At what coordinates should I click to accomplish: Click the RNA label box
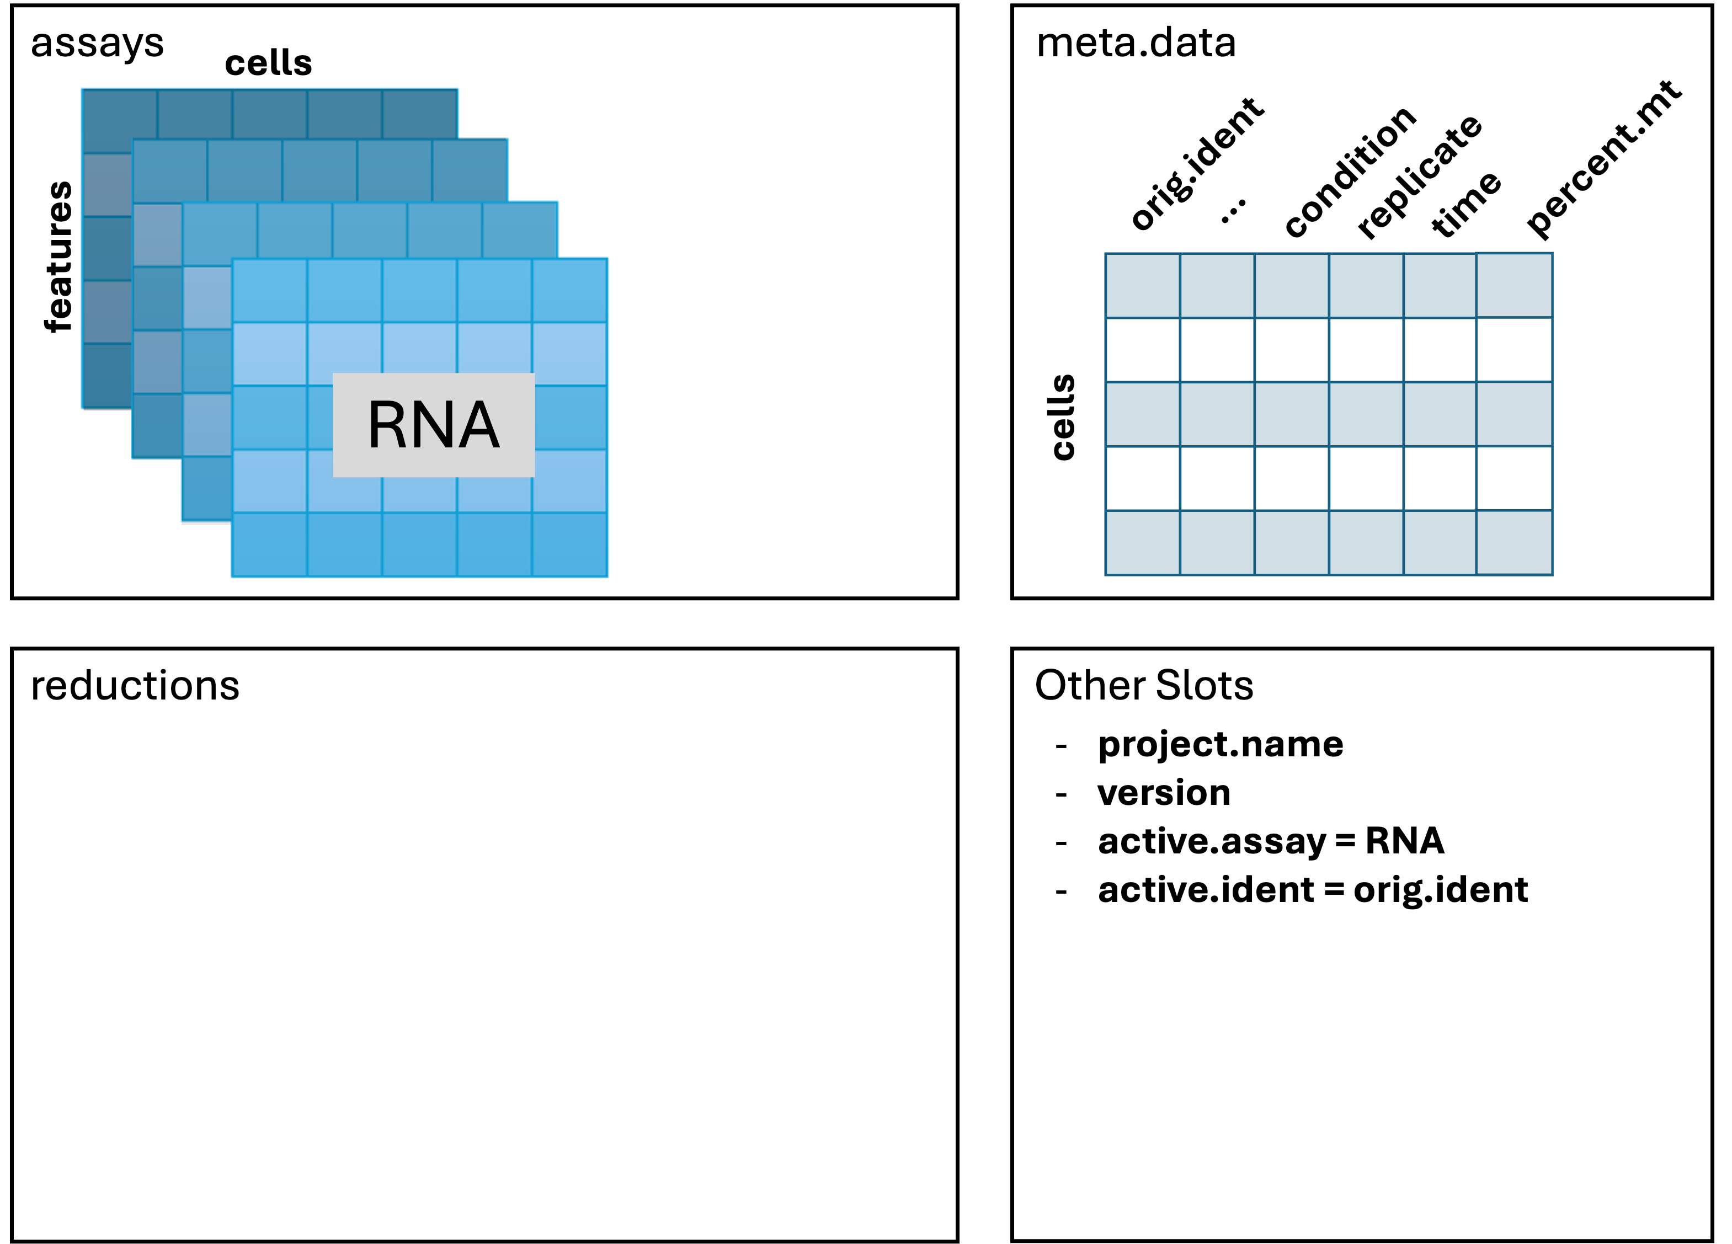[433, 425]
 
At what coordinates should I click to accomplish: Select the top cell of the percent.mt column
[1513, 285]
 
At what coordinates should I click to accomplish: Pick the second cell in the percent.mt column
[1513, 350]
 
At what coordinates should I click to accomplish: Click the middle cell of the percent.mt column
[1513, 413]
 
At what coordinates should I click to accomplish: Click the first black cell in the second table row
[1143, 350]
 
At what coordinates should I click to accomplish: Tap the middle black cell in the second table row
[1291, 350]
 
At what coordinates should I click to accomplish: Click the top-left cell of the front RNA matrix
[270, 290]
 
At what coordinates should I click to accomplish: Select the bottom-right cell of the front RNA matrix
[569, 544]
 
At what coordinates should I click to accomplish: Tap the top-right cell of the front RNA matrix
[569, 290]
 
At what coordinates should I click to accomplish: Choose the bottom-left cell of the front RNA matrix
[270, 544]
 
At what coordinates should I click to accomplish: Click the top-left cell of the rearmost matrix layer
[119, 121]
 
